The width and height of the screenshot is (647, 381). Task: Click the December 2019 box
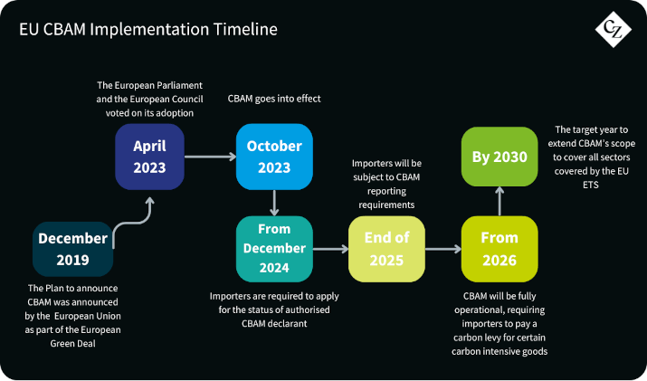72,249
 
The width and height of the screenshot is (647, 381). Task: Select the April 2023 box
149,157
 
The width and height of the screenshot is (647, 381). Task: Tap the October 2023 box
274,157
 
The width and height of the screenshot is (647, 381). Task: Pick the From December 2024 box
274,249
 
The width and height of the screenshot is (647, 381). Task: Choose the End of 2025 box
386,249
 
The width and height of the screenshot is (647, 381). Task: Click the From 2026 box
500,249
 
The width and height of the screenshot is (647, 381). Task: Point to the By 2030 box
500,157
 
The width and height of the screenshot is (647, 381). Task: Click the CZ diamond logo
614,29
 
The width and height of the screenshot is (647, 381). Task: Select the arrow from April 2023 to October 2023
210,157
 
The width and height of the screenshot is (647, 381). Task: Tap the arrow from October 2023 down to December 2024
274,203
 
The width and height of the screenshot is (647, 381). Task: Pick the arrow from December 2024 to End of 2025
330,249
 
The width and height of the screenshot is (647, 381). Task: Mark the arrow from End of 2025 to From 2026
443,249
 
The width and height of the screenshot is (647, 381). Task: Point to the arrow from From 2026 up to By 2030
500,201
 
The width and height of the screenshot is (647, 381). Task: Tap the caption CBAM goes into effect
274,99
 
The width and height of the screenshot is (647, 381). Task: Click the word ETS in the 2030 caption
591,185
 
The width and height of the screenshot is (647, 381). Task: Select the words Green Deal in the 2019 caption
72,343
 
